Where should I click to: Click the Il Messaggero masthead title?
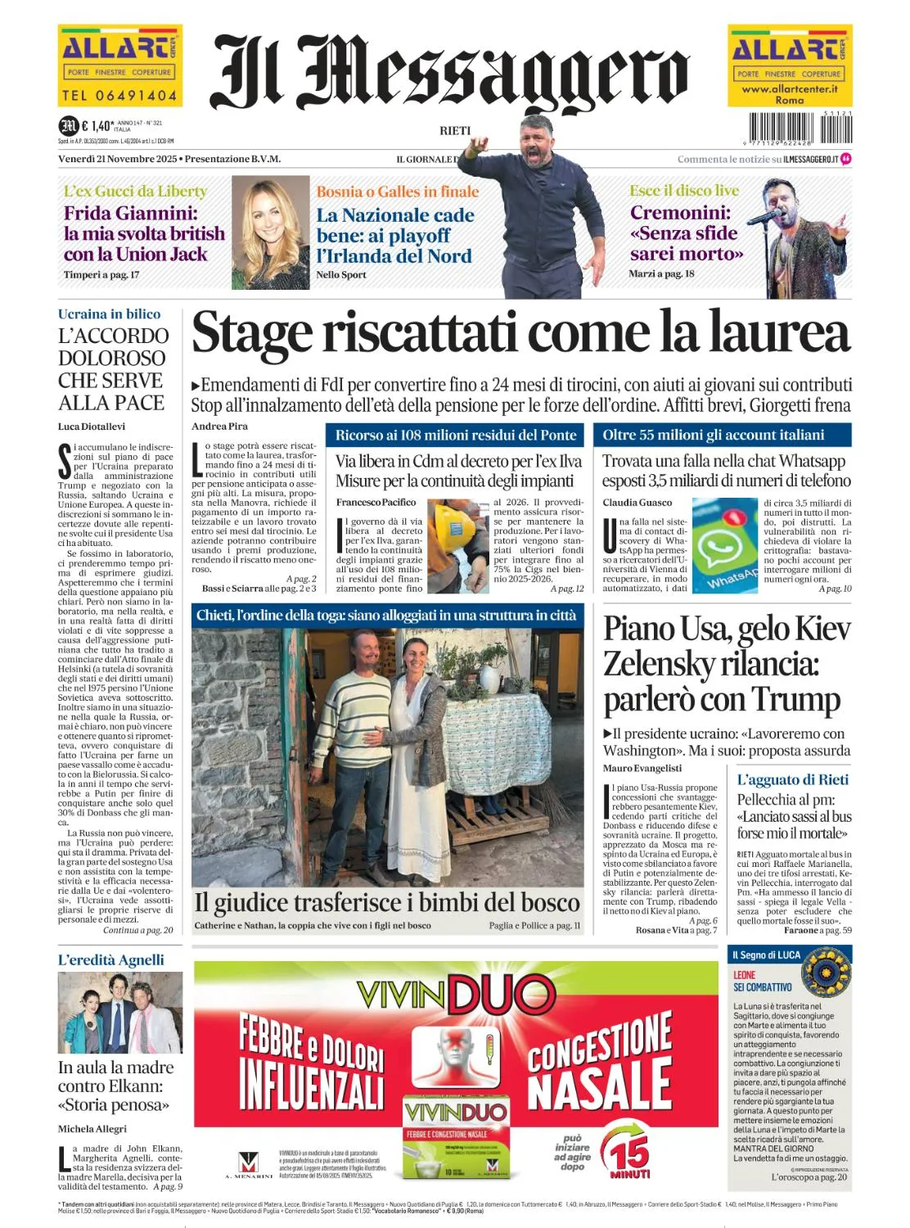pyautogui.click(x=450, y=74)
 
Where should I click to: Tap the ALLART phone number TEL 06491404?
pyautogui.click(x=119, y=96)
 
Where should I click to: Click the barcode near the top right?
pyautogui.click(x=789, y=128)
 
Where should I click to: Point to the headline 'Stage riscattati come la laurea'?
pyautogui.click(x=520, y=334)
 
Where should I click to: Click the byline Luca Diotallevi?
pyautogui.click(x=92, y=427)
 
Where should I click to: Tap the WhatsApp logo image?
pyautogui.click(x=724, y=545)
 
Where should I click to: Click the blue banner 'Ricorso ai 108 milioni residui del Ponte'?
pyautogui.click(x=456, y=435)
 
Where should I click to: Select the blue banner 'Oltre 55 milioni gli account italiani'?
pyautogui.click(x=714, y=435)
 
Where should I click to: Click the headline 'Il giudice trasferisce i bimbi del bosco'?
pyautogui.click(x=387, y=902)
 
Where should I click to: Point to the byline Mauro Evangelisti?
pyautogui.click(x=642, y=768)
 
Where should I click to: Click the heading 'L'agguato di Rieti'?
pyautogui.click(x=792, y=779)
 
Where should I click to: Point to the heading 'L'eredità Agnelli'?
pyautogui.click(x=110, y=959)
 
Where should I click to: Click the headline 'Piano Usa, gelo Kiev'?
pyautogui.click(x=727, y=629)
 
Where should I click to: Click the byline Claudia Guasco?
pyautogui.click(x=637, y=503)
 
